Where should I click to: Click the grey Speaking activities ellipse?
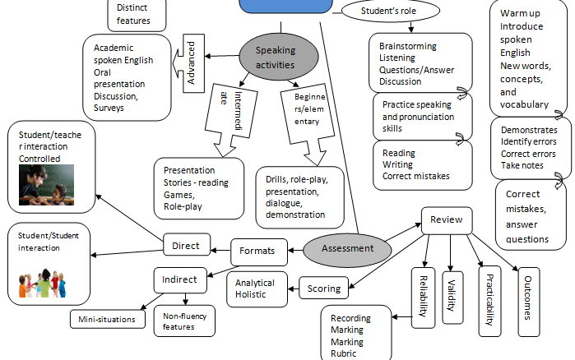(270, 58)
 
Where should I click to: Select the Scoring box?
(323, 289)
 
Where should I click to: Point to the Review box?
(447, 219)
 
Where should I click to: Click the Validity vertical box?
(452, 293)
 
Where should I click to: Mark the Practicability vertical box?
(489, 300)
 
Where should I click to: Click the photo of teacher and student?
(46, 184)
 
